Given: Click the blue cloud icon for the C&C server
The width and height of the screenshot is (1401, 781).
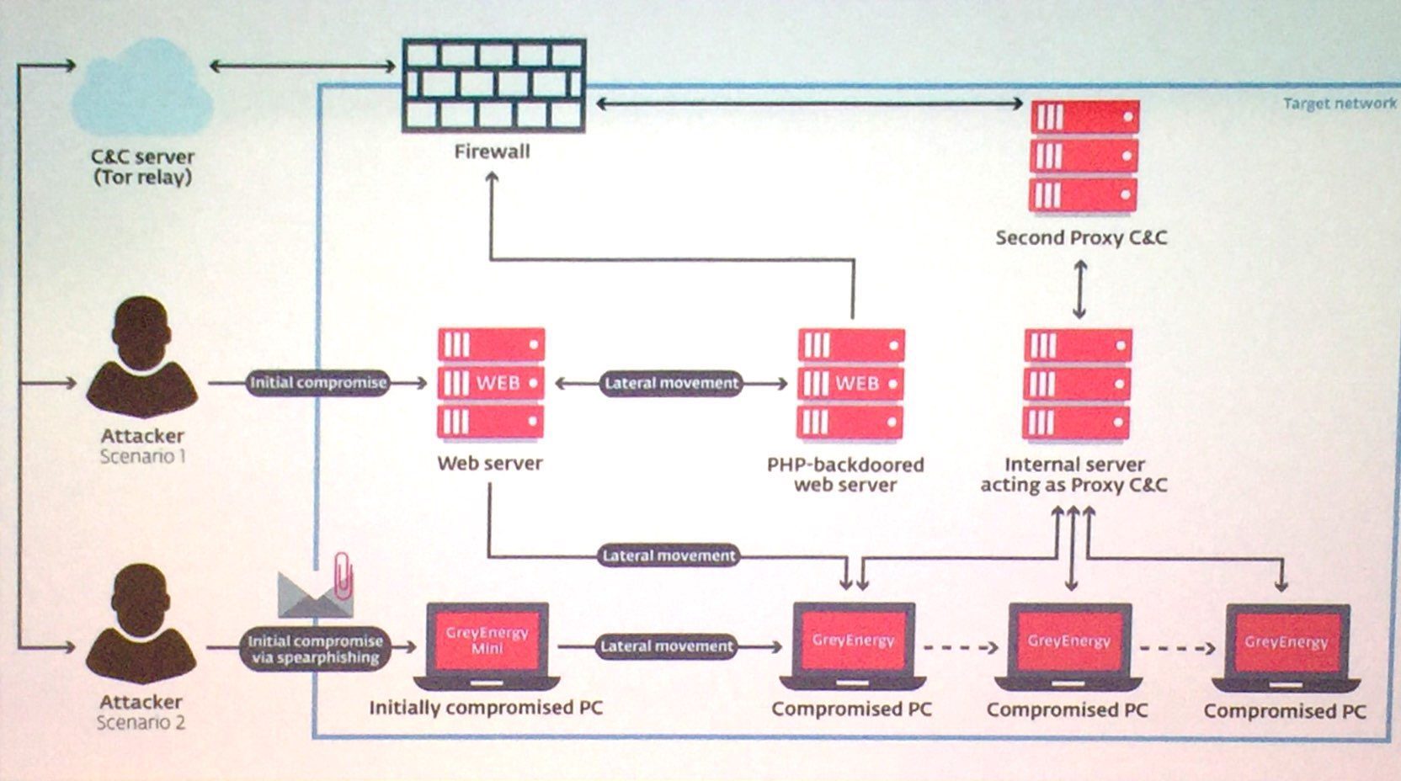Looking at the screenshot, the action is click(x=142, y=87).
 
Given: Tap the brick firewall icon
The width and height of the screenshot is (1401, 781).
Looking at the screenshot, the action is click(x=494, y=86).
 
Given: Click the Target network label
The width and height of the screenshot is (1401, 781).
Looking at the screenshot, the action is click(x=1339, y=104).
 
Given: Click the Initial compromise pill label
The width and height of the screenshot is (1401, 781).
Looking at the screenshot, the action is click(x=318, y=383).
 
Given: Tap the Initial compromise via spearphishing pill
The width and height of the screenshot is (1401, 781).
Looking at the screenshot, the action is click(x=315, y=649).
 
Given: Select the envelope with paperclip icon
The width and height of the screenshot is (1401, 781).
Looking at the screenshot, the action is click(x=316, y=586).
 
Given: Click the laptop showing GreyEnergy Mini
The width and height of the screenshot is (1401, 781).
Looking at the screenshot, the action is click(x=487, y=646).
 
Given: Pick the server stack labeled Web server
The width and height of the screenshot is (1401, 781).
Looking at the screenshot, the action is click(x=491, y=383).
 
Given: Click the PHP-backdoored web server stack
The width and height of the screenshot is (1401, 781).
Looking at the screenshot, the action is click(x=850, y=383).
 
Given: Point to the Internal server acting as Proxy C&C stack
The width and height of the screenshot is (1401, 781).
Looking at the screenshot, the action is click(x=1077, y=383).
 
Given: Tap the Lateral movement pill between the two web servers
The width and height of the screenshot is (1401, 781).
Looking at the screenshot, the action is click(x=672, y=383).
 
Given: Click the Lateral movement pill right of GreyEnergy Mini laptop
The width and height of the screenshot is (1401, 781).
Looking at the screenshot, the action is click(x=667, y=646).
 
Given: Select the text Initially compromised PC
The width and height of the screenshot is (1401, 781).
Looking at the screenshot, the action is click(x=486, y=708).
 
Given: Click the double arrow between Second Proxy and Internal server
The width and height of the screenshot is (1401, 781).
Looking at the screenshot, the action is click(x=1079, y=290).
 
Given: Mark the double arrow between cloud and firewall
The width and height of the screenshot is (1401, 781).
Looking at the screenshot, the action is click(x=303, y=66).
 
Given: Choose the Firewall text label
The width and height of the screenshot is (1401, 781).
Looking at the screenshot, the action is click(x=493, y=151).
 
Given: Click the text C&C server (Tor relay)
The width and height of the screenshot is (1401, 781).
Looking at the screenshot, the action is click(x=142, y=167).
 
